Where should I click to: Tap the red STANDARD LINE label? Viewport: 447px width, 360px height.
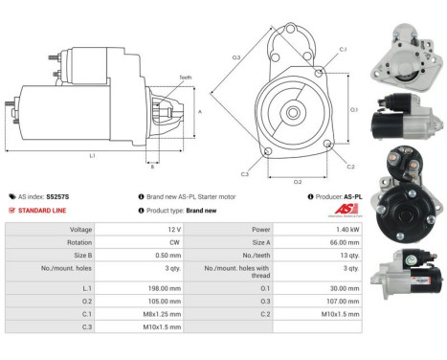(x=43, y=211)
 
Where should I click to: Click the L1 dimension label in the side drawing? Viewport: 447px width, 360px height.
(x=92, y=154)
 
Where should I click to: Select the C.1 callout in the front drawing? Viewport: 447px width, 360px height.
(x=343, y=49)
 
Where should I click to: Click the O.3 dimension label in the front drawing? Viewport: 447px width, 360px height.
(x=236, y=57)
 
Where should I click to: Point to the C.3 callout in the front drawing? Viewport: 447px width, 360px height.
(x=245, y=174)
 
